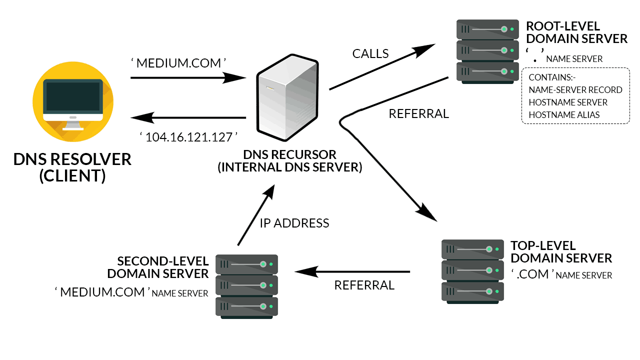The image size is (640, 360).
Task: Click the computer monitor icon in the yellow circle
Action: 73,100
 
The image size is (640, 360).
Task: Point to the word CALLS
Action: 370,53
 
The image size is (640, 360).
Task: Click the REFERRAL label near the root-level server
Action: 418,114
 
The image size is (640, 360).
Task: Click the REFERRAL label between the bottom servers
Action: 364,285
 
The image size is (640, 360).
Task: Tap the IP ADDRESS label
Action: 294,223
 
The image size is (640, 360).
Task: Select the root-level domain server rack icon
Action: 485,51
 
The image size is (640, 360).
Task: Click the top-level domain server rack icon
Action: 472,271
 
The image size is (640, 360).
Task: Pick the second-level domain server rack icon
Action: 246,286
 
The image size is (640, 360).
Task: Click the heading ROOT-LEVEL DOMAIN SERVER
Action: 576,32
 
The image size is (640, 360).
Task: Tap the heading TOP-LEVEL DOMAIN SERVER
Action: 561,252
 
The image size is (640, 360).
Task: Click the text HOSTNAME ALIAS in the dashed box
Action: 564,114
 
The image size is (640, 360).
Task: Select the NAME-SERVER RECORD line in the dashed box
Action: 575,90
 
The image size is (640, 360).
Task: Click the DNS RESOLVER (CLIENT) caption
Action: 72,167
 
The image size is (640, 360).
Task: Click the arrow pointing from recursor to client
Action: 188,118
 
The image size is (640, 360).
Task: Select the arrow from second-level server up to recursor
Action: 255,215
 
